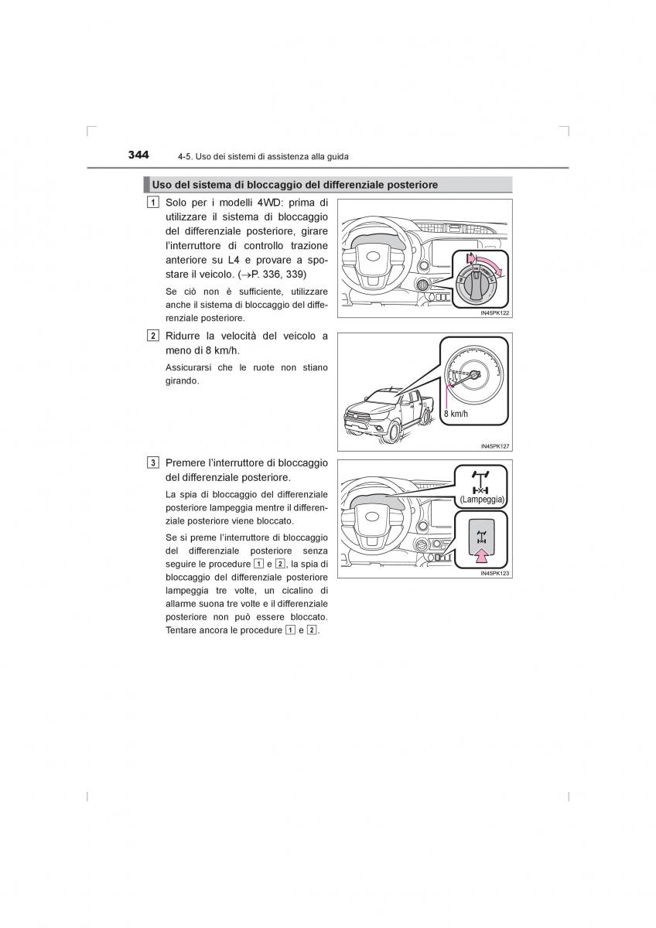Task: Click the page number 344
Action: (138, 155)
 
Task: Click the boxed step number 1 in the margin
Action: (155, 203)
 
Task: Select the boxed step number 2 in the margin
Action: (155, 336)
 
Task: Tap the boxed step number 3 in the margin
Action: (155, 462)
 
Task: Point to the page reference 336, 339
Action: (284, 275)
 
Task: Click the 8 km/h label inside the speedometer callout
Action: (457, 415)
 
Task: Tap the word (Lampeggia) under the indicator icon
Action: (482, 500)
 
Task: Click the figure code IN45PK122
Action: (495, 313)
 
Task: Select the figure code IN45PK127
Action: (495, 446)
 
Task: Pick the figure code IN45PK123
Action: (495, 574)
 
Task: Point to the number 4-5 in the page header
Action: (184, 156)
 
